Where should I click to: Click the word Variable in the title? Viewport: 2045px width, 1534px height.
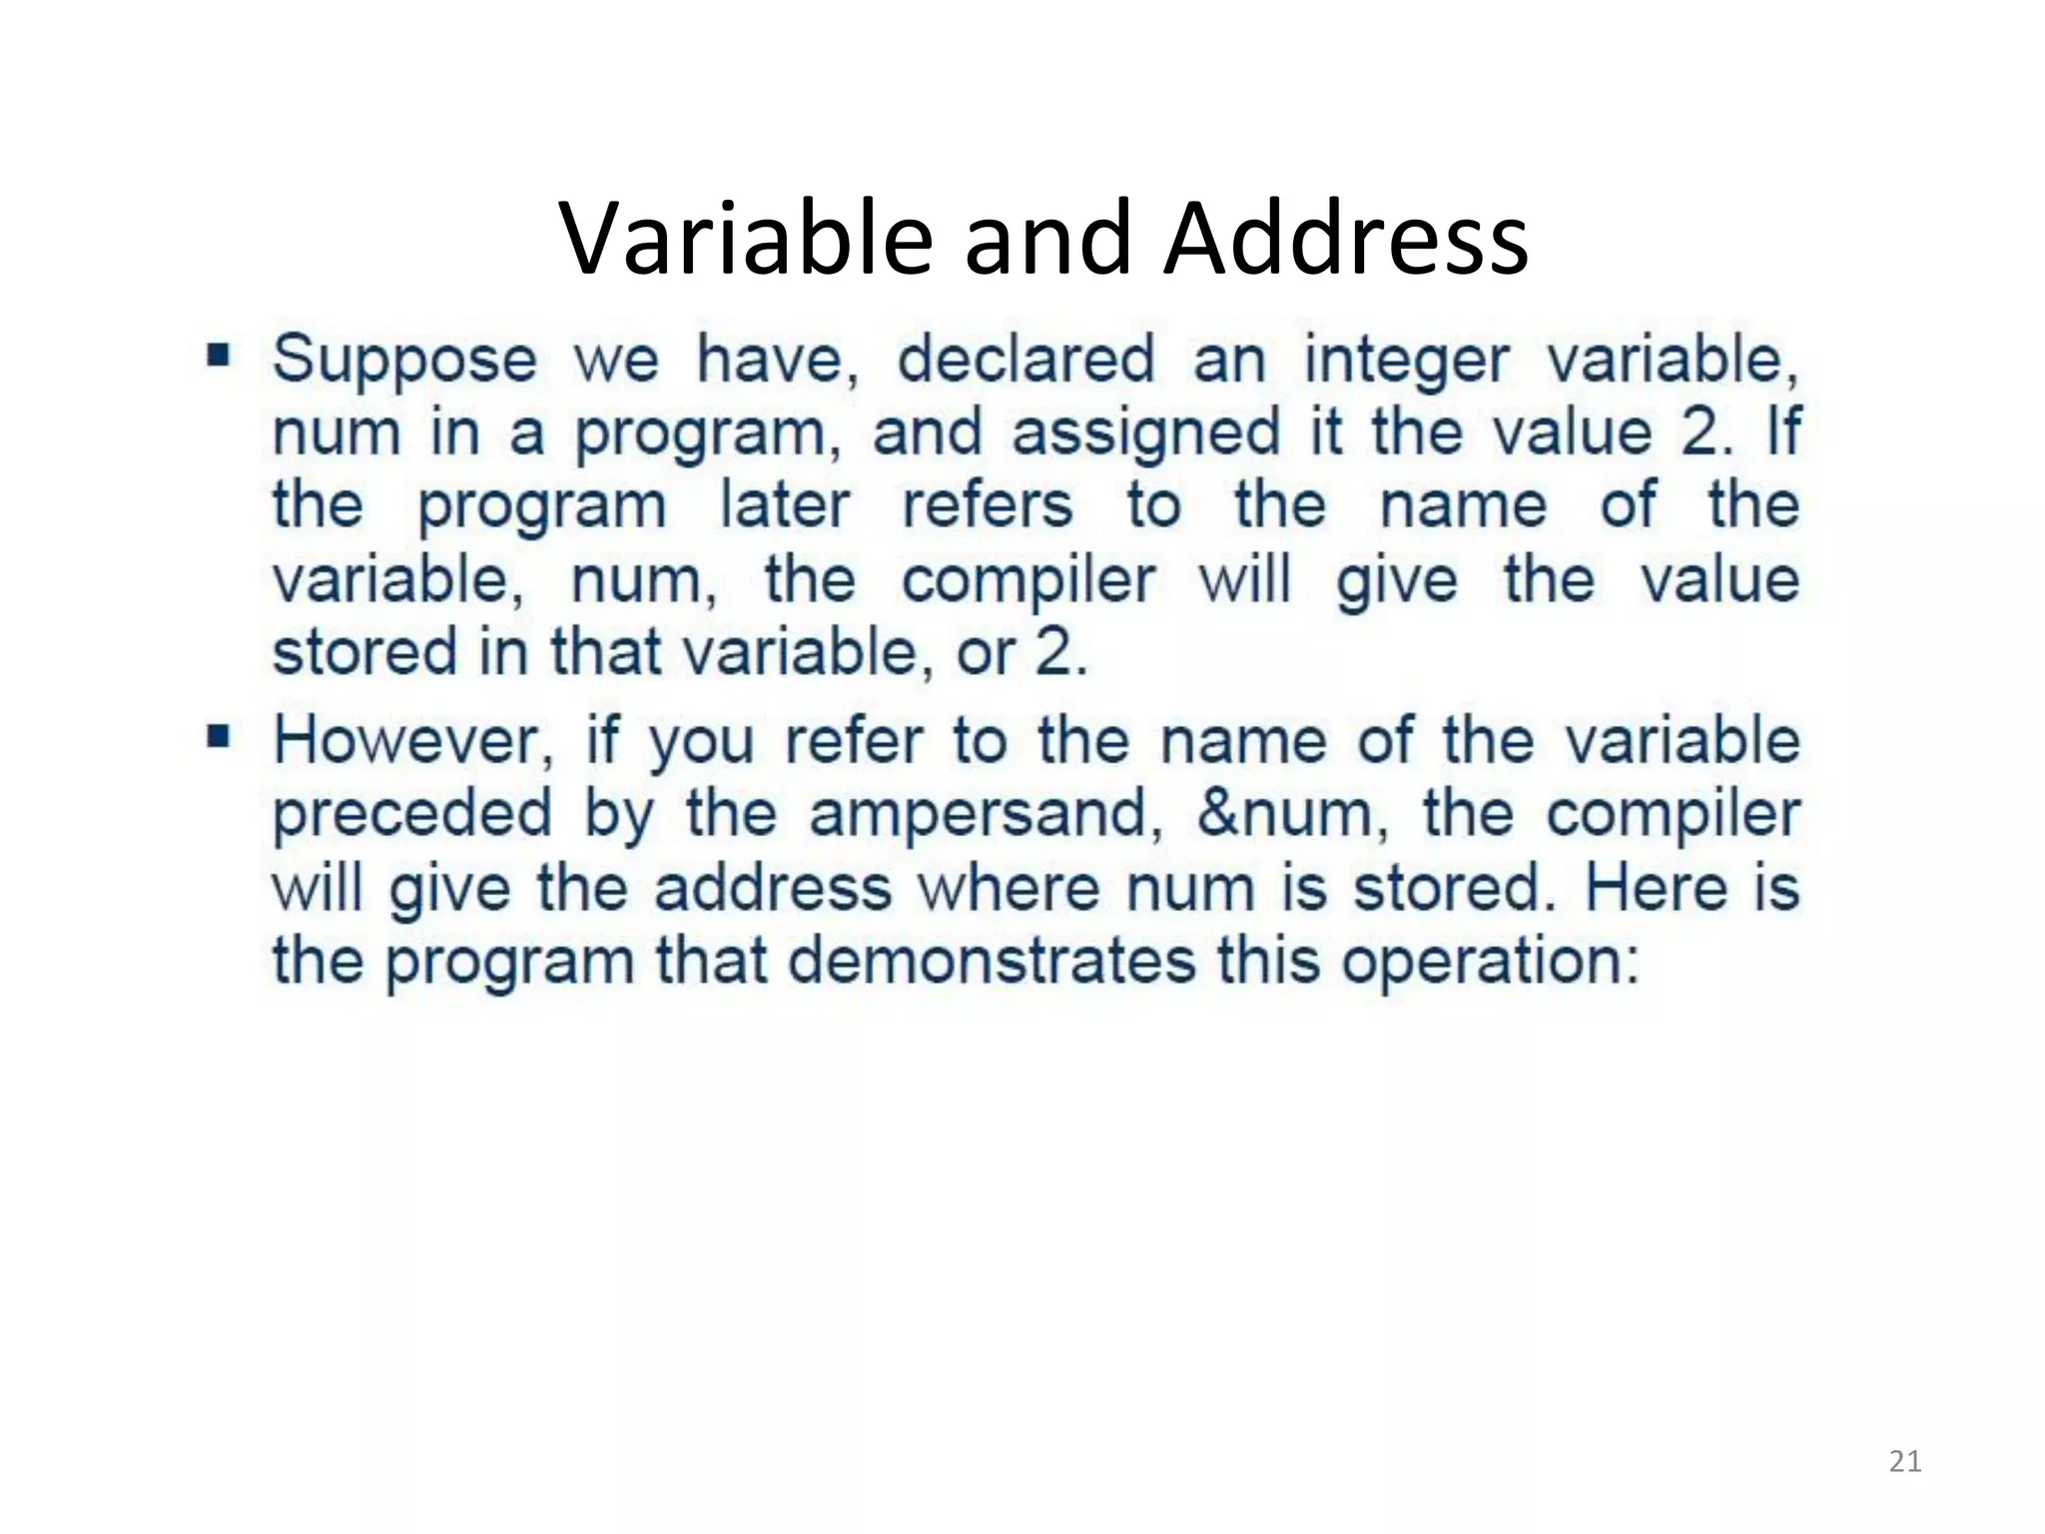(x=746, y=239)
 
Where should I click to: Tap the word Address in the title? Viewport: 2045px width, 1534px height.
(x=1346, y=239)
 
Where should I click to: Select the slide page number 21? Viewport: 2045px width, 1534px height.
(x=1905, y=1461)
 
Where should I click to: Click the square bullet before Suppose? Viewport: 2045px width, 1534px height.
(x=219, y=355)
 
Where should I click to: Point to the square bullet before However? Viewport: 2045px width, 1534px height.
(x=219, y=737)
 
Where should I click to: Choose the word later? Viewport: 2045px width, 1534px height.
(x=785, y=504)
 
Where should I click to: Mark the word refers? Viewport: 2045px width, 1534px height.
(x=988, y=504)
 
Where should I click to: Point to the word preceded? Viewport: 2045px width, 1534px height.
(x=411, y=814)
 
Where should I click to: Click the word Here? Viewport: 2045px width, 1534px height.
(x=1656, y=887)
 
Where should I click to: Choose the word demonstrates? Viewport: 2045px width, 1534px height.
(x=992, y=961)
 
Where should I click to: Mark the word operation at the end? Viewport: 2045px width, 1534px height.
(x=1489, y=963)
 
